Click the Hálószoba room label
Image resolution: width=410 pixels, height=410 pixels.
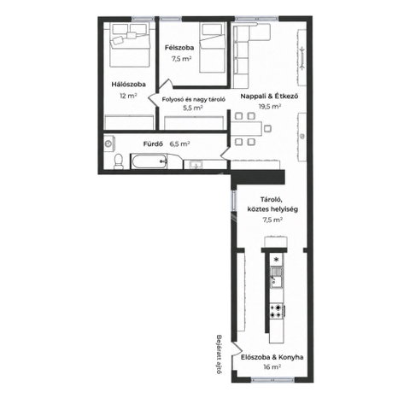click(x=128, y=85)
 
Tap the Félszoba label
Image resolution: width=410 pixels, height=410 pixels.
click(x=179, y=48)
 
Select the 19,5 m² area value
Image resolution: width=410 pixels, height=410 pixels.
click(x=270, y=107)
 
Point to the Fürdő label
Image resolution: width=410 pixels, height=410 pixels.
click(x=153, y=144)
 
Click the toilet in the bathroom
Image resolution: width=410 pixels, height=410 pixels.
click(x=118, y=161)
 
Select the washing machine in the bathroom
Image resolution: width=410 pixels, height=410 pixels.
click(x=108, y=143)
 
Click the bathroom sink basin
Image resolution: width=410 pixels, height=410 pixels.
click(x=195, y=165)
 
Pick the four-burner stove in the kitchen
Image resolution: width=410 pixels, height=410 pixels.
click(x=277, y=311)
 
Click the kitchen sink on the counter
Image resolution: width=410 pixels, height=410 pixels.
click(x=277, y=277)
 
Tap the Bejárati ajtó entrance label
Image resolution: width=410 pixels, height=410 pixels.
click(x=219, y=354)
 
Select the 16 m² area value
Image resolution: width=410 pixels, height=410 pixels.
click(x=272, y=367)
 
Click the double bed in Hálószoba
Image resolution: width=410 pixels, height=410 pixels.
click(x=130, y=45)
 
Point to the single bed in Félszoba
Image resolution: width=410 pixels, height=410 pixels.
click(x=213, y=48)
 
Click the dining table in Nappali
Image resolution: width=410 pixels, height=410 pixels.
click(x=247, y=129)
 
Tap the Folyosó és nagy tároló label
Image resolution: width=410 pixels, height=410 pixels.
click(x=194, y=99)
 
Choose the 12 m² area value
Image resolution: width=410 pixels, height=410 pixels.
click(x=128, y=96)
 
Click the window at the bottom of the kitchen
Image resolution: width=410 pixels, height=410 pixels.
click(x=272, y=380)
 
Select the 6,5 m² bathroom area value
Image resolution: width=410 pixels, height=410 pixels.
click(x=179, y=144)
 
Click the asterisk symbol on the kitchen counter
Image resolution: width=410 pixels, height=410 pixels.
click(x=276, y=260)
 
